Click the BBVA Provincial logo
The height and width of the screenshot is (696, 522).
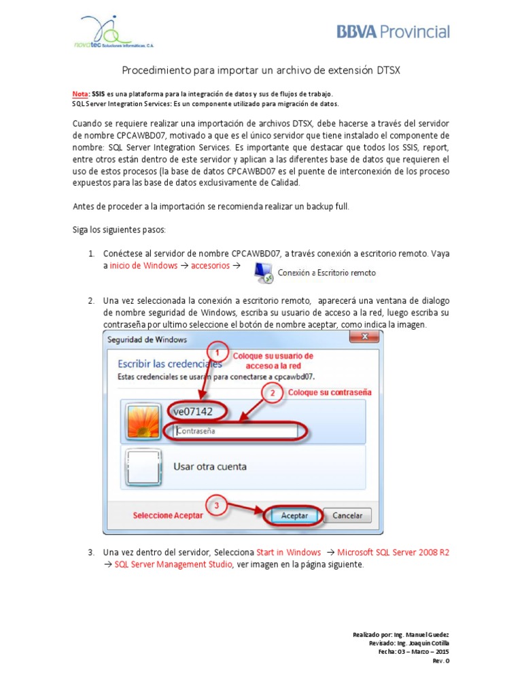click(x=393, y=32)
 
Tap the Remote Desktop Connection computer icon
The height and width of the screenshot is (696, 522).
click(x=264, y=273)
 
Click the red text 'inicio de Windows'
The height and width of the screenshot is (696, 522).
click(x=143, y=266)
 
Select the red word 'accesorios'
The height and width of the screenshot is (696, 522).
click(x=210, y=266)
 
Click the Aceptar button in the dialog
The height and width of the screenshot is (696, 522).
click(x=294, y=515)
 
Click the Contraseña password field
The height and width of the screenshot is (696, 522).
click(x=234, y=430)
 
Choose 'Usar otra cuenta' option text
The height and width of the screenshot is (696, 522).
click(x=210, y=467)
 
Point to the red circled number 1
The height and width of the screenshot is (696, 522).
click(x=217, y=353)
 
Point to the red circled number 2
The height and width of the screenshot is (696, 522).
click(x=272, y=393)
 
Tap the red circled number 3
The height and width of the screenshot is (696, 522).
click(x=215, y=506)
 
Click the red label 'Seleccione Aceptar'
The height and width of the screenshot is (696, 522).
click(x=167, y=515)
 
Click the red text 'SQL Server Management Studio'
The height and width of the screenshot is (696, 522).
click(x=174, y=565)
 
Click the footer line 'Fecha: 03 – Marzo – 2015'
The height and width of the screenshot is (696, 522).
click(x=413, y=650)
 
